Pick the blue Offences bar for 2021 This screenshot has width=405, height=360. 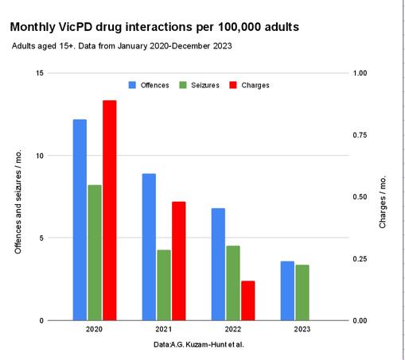pyautogui.click(x=149, y=246)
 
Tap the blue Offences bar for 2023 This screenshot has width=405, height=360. pyautogui.click(x=287, y=290)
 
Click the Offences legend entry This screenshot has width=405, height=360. pyautogui.click(x=150, y=85)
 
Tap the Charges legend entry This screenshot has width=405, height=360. pyautogui.click(x=249, y=85)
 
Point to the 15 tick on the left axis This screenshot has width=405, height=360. pyautogui.click(x=40, y=73)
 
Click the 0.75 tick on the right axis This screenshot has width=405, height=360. pyautogui.click(x=360, y=135)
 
